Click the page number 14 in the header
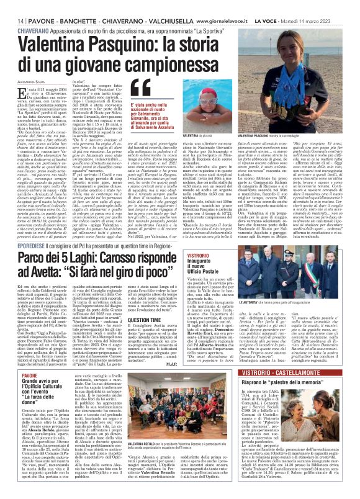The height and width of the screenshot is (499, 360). (12, 4)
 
